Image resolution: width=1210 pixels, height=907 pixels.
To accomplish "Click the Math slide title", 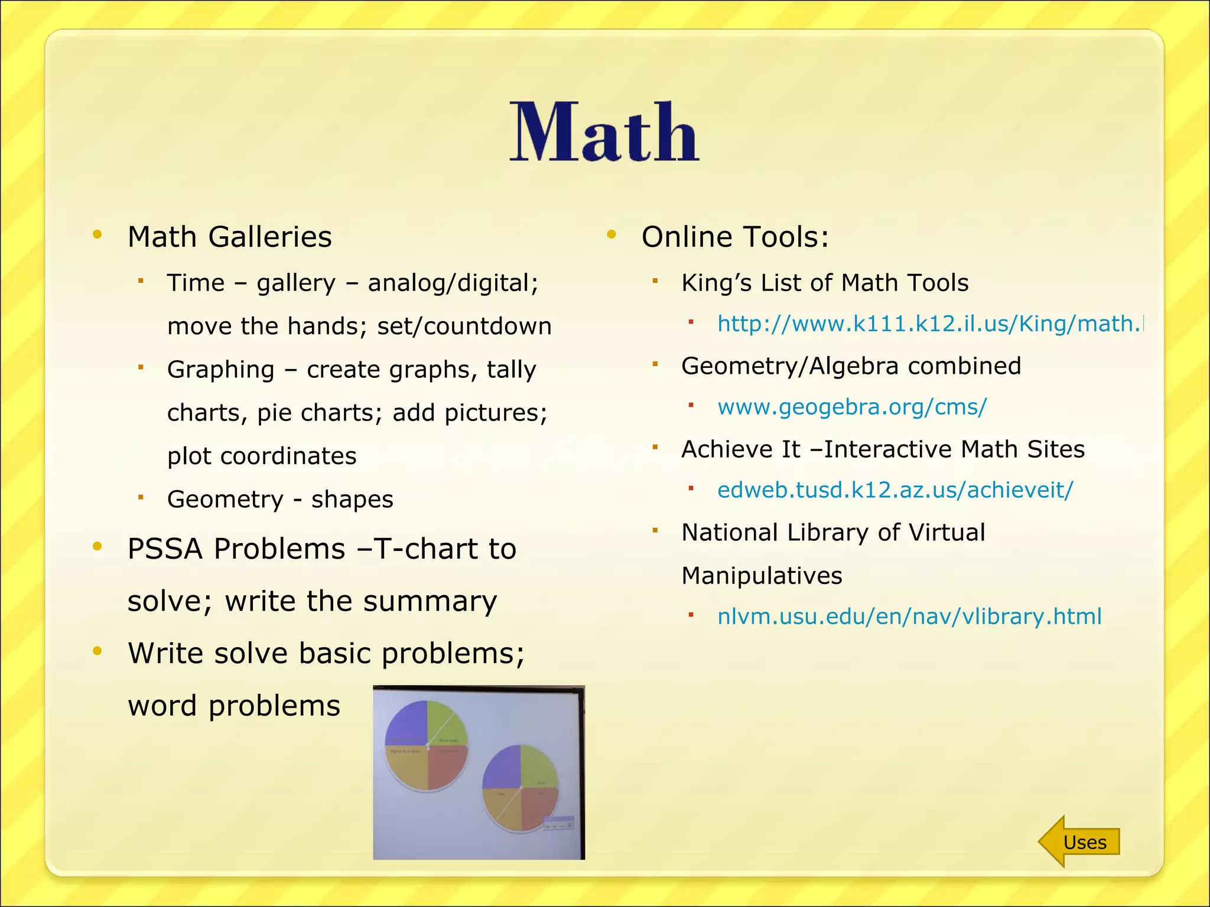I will click(604, 132).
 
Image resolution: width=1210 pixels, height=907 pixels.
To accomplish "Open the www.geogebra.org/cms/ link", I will click(851, 407).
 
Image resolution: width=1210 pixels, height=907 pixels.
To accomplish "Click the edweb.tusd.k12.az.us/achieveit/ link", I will click(895, 490).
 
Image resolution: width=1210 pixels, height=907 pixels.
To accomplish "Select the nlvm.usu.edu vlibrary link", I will click(909, 616).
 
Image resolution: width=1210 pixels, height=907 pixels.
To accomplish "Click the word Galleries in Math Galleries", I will click(270, 237).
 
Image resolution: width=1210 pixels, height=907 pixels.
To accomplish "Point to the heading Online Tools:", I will click(735, 237).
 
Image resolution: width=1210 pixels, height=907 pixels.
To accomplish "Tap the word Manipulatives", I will click(762, 576).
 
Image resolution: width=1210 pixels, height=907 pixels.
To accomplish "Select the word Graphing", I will click(221, 370).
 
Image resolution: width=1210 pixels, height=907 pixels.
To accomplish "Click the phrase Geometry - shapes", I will click(280, 500).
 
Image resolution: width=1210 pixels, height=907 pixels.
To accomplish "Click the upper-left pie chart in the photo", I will click(427, 745).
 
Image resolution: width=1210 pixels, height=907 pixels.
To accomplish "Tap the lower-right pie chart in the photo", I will click(521, 788).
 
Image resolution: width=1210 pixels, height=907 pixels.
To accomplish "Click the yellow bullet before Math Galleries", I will click(97, 235).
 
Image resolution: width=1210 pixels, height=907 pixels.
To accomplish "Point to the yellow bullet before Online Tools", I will click(611, 235).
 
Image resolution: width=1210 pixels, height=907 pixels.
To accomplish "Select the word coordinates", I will click(288, 456).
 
